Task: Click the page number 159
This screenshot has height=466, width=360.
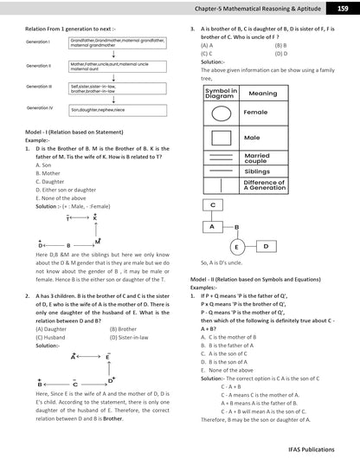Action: point(343,9)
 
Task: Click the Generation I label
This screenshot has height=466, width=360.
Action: point(39,42)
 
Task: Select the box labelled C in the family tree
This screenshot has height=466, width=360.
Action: point(213,205)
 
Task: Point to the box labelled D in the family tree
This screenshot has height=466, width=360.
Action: point(265,246)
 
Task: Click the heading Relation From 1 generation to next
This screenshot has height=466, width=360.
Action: point(65,29)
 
